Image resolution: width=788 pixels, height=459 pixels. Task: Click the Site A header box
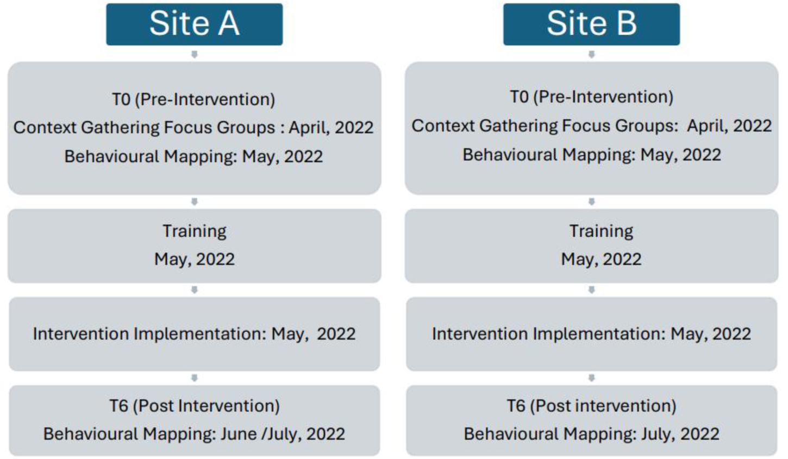[194, 24]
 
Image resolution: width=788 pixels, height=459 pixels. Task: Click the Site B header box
[591, 24]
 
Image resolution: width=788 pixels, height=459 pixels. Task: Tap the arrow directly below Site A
[194, 54]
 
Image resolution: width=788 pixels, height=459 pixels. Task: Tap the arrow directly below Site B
[591, 54]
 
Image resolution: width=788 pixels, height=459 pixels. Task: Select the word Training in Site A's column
[195, 232]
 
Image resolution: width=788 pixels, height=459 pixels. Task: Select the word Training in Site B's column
[601, 232]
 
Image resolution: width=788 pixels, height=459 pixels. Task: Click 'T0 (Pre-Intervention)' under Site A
[193, 99]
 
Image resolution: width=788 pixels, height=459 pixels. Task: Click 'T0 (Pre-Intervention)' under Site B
[592, 97]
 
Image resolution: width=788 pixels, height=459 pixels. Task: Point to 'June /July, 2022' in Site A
[283, 434]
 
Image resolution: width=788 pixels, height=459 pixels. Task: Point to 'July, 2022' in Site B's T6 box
[680, 434]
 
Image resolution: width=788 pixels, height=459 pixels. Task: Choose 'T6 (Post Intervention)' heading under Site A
[195, 406]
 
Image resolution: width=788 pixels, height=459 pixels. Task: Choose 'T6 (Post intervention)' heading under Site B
[591, 406]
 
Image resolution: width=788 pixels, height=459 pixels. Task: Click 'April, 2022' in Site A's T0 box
[331, 128]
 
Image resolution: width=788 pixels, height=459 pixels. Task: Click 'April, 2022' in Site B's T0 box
[729, 126]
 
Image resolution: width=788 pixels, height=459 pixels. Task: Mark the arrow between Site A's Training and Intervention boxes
[194, 290]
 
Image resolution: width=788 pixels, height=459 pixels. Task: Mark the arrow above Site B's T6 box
[591, 378]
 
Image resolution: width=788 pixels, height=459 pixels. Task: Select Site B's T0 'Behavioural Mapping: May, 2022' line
[592, 155]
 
